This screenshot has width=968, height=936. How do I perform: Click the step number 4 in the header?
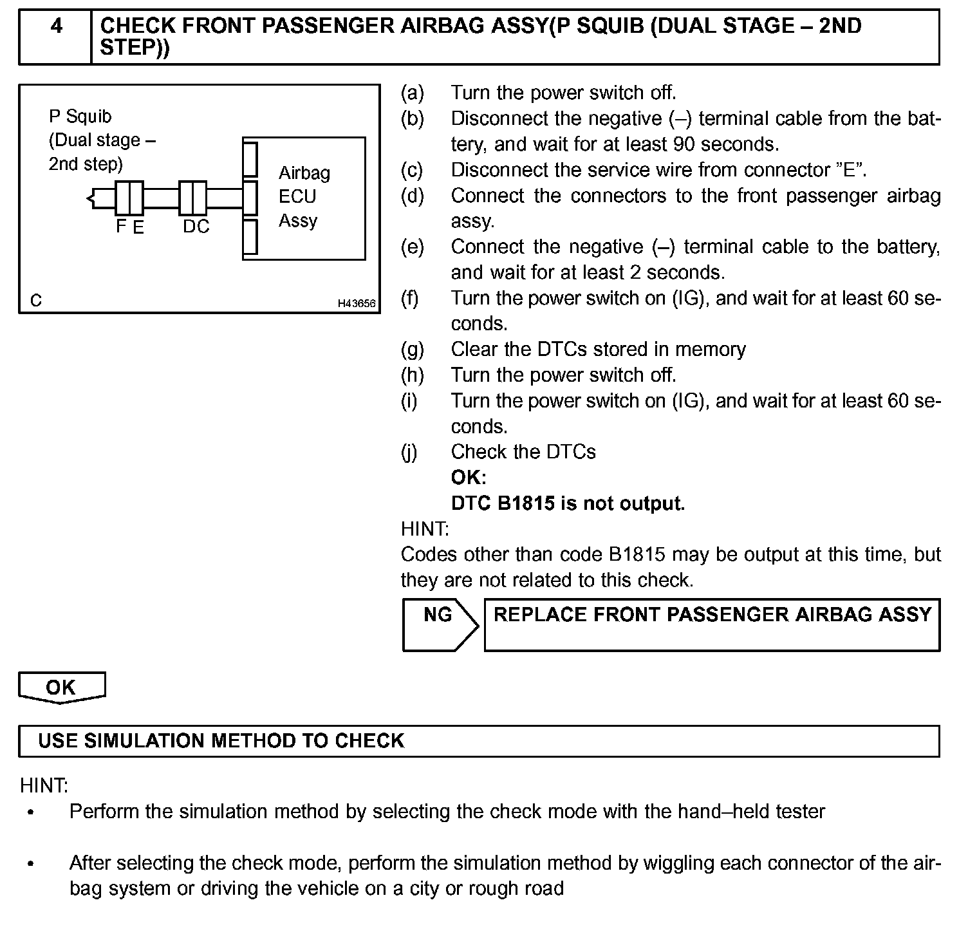click(56, 27)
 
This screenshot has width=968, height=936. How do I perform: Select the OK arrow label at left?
click(61, 688)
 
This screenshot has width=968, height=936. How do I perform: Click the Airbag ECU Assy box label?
click(304, 196)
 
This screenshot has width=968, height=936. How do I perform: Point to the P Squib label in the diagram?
click(80, 117)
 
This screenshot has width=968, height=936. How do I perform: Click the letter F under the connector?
click(121, 227)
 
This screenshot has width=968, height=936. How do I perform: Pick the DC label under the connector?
click(196, 227)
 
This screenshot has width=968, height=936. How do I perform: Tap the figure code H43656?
click(357, 303)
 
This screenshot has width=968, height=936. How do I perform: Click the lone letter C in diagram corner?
click(36, 301)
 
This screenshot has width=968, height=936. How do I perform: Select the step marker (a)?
click(412, 93)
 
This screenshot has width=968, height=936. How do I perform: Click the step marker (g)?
click(412, 350)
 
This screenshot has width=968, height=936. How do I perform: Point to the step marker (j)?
click(409, 452)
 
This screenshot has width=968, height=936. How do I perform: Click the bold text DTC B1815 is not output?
click(568, 503)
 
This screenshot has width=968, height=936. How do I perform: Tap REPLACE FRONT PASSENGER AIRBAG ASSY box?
click(712, 624)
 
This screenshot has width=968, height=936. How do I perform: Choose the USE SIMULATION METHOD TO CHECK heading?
click(221, 741)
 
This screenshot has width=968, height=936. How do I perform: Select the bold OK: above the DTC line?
click(469, 478)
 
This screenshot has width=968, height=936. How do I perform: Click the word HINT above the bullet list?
click(44, 786)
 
